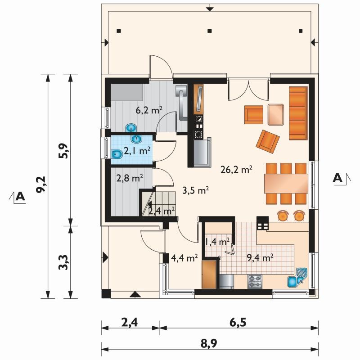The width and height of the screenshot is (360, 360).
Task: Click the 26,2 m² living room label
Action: coord(236,170)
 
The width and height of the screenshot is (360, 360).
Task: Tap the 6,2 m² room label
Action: coord(149,110)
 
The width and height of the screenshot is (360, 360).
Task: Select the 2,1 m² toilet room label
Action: coord(137,151)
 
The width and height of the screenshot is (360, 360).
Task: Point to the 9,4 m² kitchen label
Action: coord(260,257)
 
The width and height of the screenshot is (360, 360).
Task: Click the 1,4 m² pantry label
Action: coord(217,242)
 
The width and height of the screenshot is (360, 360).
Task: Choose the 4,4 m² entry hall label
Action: coord(184,258)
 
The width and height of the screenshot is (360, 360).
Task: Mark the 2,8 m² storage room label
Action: coord(130,178)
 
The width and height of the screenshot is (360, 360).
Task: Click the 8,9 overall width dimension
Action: coord(209,344)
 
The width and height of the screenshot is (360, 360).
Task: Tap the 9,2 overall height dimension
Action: coord(41,184)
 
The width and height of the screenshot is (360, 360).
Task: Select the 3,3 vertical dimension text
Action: coord(63,262)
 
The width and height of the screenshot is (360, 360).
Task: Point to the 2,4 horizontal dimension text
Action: coord(130,323)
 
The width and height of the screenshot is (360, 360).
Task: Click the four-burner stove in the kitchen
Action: coord(255,282)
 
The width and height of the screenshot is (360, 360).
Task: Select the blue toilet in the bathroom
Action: coord(117,154)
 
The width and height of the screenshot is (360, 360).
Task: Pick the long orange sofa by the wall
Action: coord(298,113)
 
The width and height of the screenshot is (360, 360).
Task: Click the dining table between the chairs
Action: coord(286,184)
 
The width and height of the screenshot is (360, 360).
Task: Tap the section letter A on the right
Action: coord(337,178)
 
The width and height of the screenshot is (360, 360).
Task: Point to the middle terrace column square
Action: coord(209,31)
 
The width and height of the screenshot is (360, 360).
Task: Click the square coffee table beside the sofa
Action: coord(276,115)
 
